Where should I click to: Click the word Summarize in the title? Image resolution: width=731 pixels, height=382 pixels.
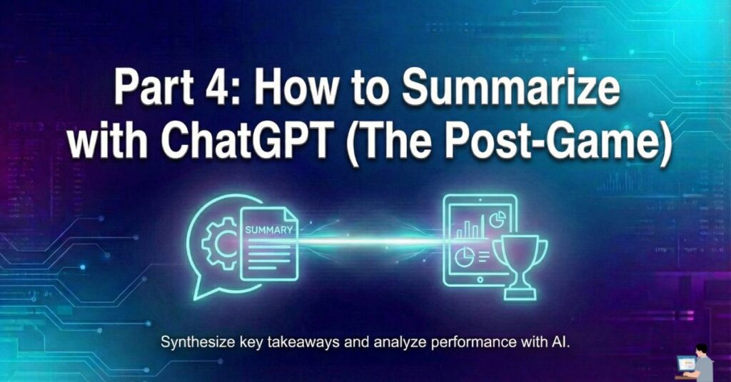point(510,88)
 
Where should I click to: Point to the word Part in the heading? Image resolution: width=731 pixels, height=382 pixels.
point(153,88)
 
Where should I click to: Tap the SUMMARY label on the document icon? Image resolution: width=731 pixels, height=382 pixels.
point(268,229)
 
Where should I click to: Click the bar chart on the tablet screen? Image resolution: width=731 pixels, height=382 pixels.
point(468,228)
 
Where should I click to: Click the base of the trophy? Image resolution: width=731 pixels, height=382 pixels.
point(520,294)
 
